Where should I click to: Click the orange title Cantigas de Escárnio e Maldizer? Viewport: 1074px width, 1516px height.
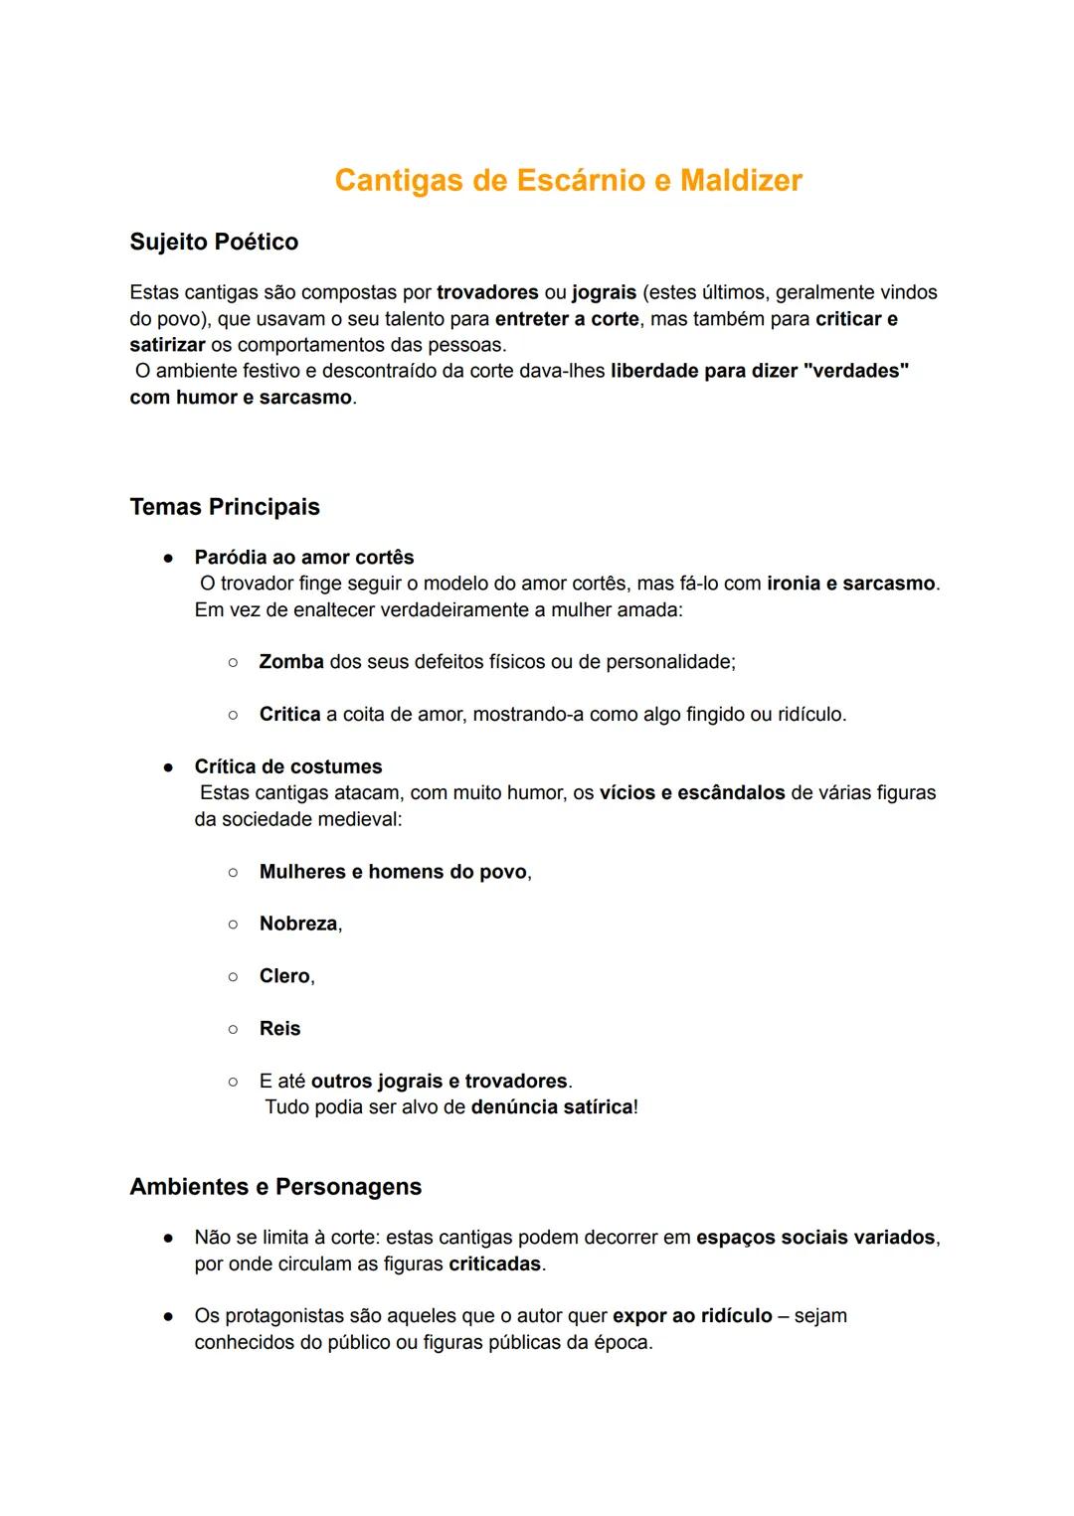pyautogui.click(x=568, y=180)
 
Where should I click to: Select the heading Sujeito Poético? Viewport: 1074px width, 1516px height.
pyautogui.click(x=214, y=242)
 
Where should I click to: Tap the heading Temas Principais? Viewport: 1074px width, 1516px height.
pyautogui.click(x=225, y=507)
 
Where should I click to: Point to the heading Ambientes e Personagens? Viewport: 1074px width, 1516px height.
pyautogui.click(x=275, y=1187)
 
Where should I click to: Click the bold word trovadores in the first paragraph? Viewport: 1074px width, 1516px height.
pyautogui.click(x=487, y=292)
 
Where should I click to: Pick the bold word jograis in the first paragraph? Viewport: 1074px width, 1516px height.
pyautogui.click(x=604, y=292)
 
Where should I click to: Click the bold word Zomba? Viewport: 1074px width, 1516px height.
pyautogui.click(x=291, y=662)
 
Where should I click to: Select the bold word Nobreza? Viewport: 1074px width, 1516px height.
pyautogui.click(x=298, y=924)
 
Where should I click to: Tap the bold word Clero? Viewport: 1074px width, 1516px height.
pyautogui.click(x=284, y=976)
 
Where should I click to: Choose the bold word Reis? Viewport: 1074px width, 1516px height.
pyautogui.click(x=279, y=1029)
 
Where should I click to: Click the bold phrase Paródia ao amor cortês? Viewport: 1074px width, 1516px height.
pyautogui.click(x=304, y=558)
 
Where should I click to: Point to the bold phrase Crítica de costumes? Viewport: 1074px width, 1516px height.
pyautogui.click(x=288, y=766)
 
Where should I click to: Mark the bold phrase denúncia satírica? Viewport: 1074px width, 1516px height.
pyautogui.click(x=552, y=1107)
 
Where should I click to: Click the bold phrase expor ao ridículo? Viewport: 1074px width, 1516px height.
pyautogui.click(x=692, y=1316)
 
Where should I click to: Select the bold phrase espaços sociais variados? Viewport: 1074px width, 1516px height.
pyautogui.click(x=815, y=1238)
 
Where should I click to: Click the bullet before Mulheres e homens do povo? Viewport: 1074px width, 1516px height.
pyautogui.click(x=233, y=873)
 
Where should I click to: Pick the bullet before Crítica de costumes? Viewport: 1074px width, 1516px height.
pyautogui.click(x=169, y=767)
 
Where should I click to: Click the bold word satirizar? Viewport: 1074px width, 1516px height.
pyautogui.click(x=167, y=345)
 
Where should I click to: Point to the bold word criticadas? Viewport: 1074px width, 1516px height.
pyautogui.click(x=494, y=1264)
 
